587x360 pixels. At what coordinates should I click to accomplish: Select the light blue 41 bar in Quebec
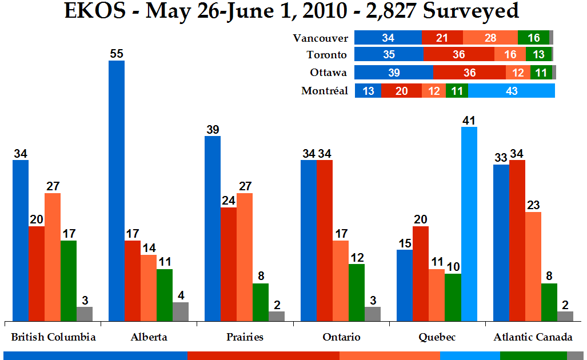click(x=469, y=223)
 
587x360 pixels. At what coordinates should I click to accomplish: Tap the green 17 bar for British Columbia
click(x=69, y=281)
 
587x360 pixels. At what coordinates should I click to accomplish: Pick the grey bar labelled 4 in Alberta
click(x=181, y=311)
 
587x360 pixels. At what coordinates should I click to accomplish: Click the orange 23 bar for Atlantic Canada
click(x=533, y=266)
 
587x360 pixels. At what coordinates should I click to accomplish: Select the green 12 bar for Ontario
click(x=357, y=292)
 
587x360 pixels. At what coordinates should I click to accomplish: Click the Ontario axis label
click(x=341, y=337)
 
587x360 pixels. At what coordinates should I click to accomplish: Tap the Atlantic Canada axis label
click(x=533, y=337)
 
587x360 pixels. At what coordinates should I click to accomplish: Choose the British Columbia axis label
click(x=53, y=337)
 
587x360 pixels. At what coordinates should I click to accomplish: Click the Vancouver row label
click(x=320, y=38)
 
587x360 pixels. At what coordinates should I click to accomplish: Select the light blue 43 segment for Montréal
click(x=511, y=91)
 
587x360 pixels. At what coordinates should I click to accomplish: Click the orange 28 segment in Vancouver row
click(x=490, y=38)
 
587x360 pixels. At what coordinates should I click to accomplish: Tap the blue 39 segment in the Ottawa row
click(x=393, y=73)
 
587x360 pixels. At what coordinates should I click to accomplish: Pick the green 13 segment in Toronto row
click(x=538, y=55)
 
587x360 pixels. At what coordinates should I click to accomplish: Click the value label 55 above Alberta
click(x=117, y=54)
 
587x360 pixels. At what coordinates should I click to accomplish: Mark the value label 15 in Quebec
click(x=405, y=243)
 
